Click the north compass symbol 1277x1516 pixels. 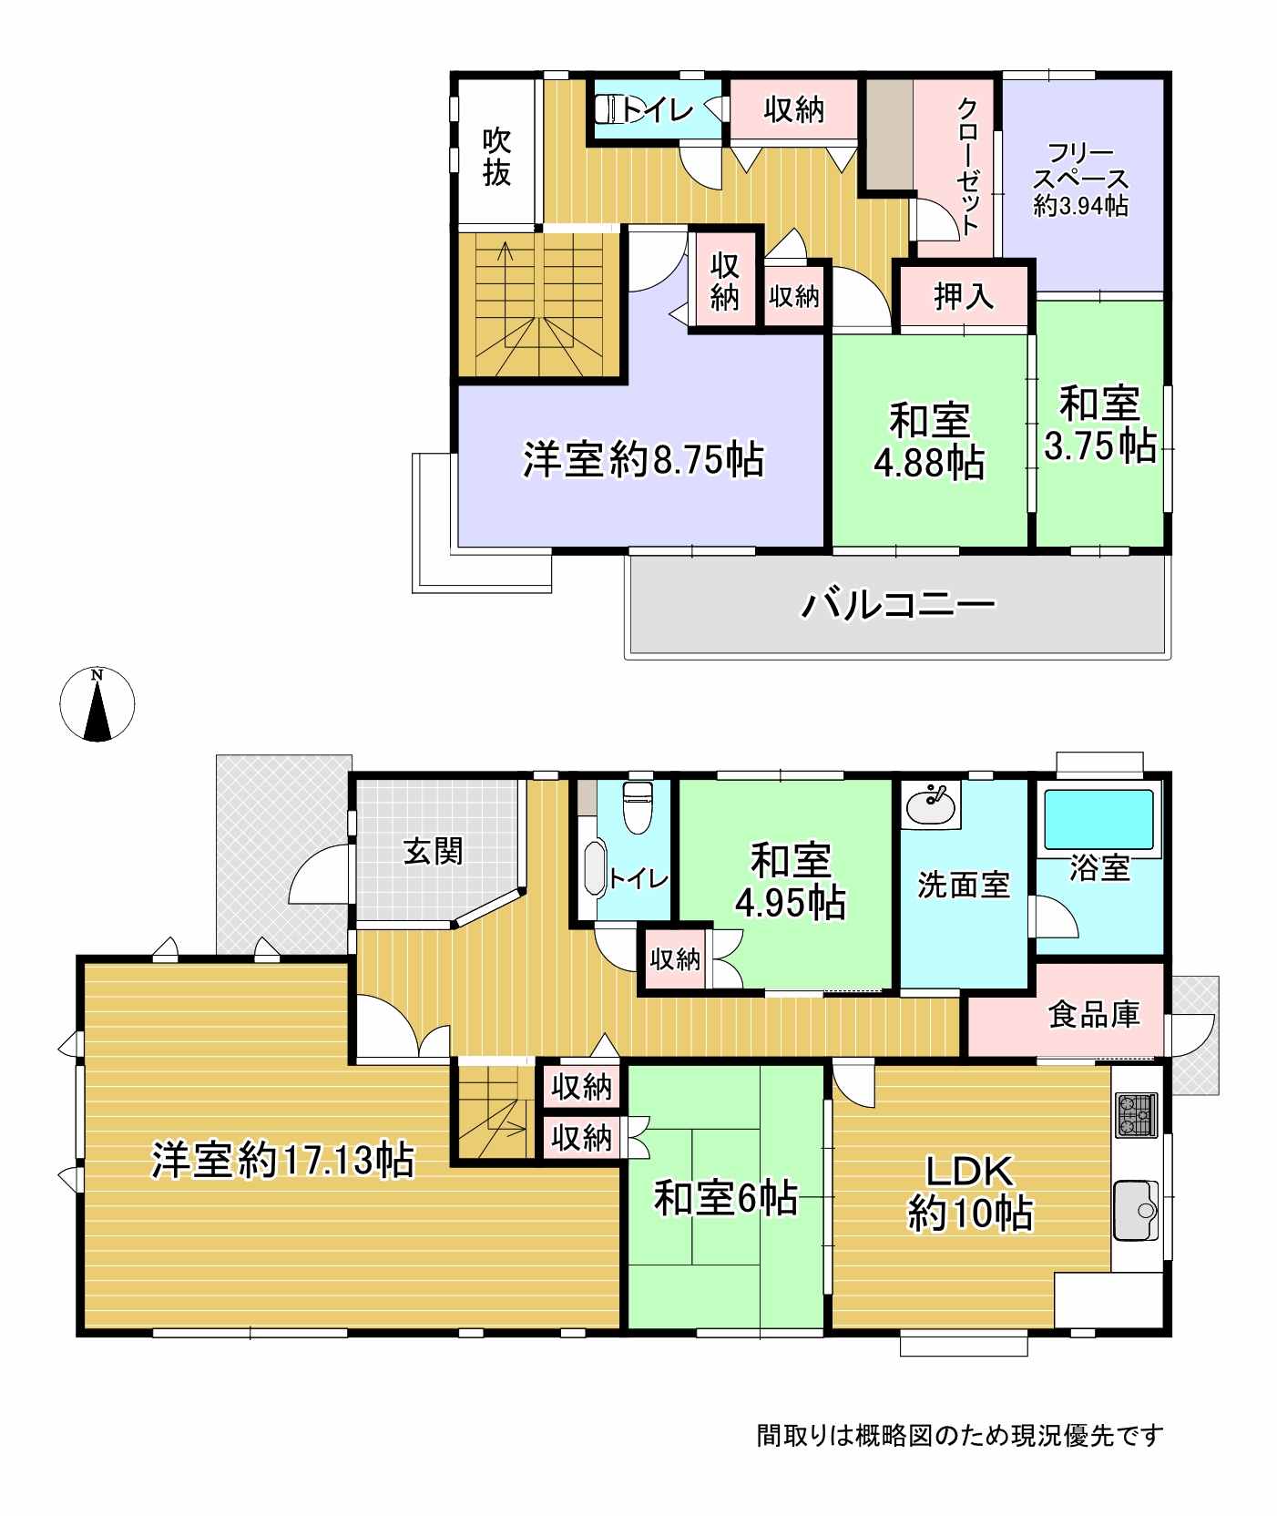[97, 704]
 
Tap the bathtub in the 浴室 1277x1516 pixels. [1099, 819]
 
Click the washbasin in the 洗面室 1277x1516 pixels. [930, 805]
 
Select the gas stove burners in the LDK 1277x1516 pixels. [1135, 1113]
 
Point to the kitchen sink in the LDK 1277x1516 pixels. [1135, 1210]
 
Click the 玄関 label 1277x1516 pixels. [434, 852]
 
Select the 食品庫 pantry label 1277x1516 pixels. [1094, 1014]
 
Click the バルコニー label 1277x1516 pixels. [898, 605]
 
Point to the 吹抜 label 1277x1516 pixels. [496, 157]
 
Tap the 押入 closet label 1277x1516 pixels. [964, 296]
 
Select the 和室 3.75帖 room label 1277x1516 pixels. [1099, 425]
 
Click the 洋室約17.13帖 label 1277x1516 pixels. [282, 1161]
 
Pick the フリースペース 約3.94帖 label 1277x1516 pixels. [1081, 179]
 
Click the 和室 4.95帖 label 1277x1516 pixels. [791, 881]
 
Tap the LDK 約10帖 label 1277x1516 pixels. [969, 1192]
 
